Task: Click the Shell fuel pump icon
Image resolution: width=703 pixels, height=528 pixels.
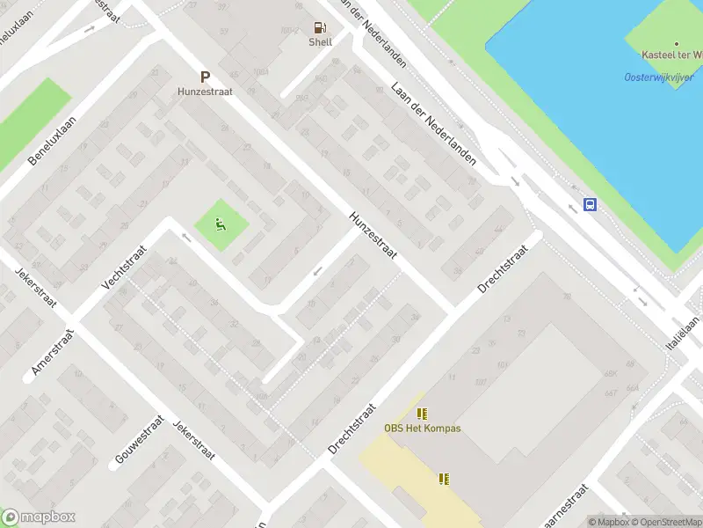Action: (x=321, y=27)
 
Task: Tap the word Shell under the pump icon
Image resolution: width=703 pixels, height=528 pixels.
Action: (x=321, y=42)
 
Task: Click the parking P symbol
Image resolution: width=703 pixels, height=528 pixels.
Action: (x=205, y=77)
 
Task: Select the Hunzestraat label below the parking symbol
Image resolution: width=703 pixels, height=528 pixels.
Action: (x=204, y=91)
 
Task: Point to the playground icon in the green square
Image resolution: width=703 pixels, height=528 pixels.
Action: (x=221, y=224)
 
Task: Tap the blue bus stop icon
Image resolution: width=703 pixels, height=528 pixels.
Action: (x=591, y=204)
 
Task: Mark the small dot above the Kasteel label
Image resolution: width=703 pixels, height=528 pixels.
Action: (x=677, y=43)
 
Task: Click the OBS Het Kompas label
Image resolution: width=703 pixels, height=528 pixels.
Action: (x=423, y=429)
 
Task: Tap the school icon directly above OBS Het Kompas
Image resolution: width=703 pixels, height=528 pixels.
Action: (x=423, y=413)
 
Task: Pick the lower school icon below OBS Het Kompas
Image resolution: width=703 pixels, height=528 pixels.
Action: (x=444, y=479)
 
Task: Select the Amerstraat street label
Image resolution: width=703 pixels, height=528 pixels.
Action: (x=54, y=352)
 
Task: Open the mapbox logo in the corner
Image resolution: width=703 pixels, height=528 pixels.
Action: (x=38, y=517)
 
